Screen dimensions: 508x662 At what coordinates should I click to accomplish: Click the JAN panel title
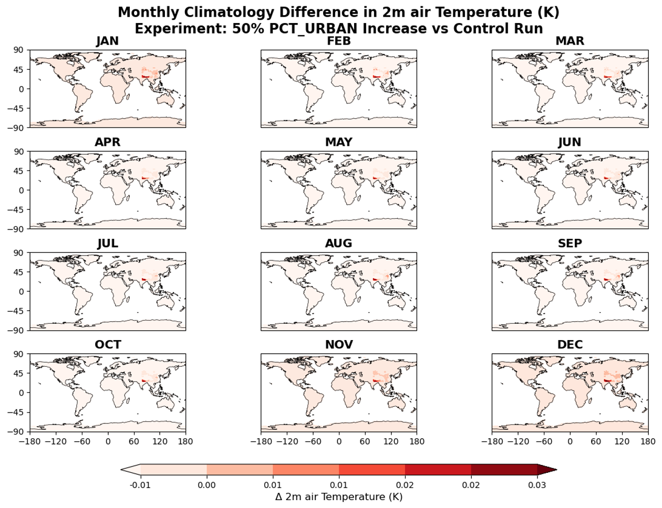pyautogui.click(x=107, y=41)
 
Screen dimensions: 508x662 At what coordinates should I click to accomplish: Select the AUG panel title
pyautogui.click(x=338, y=244)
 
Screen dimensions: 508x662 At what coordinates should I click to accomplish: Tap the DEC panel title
pyautogui.click(x=570, y=345)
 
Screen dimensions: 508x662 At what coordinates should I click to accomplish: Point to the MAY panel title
pyautogui.click(x=338, y=142)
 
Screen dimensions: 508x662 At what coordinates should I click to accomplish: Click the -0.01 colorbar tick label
pyautogui.click(x=140, y=485)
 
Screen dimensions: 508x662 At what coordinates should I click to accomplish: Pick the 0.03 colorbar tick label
pyautogui.click(x=537, y=485)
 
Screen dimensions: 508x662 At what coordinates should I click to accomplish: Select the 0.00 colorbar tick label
pyautogui.click(x=206, y=485)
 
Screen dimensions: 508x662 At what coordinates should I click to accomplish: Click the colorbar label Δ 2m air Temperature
pyautogui.click(x=338, y=496)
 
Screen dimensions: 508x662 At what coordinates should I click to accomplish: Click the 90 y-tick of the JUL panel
pyautogui.click(x=19, y=252)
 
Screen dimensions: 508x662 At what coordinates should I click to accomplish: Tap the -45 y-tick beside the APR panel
pyautogui.click(x=16, y=209)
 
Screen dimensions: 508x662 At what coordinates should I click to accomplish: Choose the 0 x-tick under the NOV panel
pyautogui.click(x=339, y=441)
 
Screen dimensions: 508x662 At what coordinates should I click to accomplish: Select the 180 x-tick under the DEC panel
pyautogui.click(x=648, y=441)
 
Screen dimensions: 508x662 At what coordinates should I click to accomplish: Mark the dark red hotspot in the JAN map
pyautogui.click(x=143, y=77)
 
